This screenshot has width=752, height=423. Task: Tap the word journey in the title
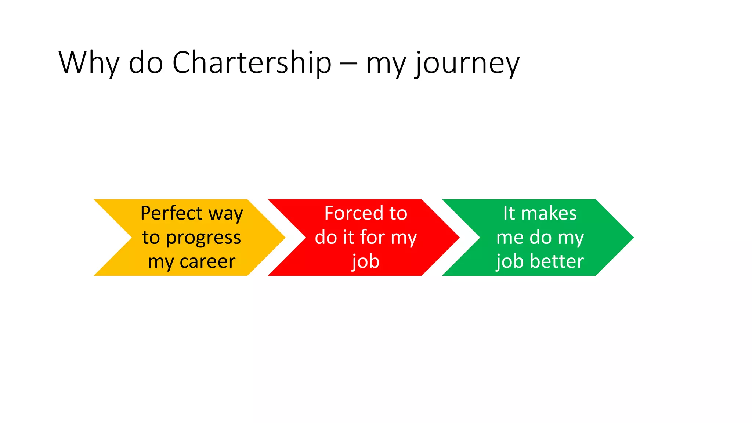point(467,63)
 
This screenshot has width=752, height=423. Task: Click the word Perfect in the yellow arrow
point(171,213)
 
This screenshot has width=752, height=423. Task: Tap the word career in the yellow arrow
point(207,262)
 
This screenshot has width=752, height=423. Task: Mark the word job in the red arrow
point(365,262)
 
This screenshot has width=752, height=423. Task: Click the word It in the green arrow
point(509,213)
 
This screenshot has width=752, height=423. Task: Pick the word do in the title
point(146,63)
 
